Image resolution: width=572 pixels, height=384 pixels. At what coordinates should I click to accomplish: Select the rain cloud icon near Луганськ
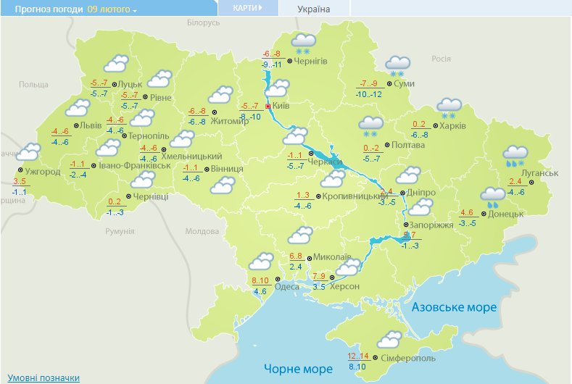pos(515,154)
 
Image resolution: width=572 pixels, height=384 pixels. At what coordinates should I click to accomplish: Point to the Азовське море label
pos(454,307)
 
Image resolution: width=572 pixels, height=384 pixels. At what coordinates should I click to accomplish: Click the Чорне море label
pos(298,369)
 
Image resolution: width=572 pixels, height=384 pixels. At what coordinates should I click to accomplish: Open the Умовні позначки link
pos(43,378)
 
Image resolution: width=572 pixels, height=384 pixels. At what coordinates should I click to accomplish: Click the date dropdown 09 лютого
pos(112,9)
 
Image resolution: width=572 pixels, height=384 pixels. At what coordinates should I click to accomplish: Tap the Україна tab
pos(314,9)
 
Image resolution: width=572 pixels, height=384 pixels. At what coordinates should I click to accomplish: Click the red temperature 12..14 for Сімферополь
pos(358,356)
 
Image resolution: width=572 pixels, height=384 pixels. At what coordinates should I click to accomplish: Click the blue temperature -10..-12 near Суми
pos(368,93)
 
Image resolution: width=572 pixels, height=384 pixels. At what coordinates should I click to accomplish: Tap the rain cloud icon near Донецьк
pos(493,196)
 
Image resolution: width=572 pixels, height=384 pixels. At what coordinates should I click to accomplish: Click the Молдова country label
pos(202,231)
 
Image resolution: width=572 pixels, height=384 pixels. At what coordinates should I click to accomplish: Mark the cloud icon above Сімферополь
pos(390,339)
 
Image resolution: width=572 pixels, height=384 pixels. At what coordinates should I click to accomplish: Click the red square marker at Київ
pos(268,107)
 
